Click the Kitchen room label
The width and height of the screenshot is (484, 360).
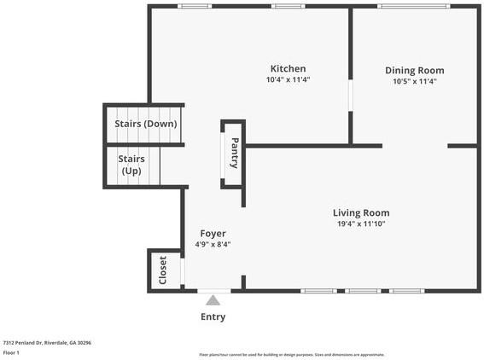[x=288, y=68]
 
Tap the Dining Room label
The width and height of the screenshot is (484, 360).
[x=414, y=70]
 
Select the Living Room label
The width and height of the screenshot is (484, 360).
[x=361, y=212]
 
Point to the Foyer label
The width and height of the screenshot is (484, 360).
[x=213, y=233]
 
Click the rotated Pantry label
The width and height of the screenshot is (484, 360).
[x=234, y=154]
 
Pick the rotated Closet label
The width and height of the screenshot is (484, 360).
[x=163, y=270]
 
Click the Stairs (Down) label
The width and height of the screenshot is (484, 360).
[x=145, y=124]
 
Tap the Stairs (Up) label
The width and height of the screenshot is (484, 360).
[x=131, y=165]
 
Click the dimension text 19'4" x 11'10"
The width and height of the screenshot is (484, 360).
[x=361, y=224]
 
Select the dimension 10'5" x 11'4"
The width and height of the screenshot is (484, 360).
[x=414, y=82]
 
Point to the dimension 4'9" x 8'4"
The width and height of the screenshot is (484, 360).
[x=213, y=244]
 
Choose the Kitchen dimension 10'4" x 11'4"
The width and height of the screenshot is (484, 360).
[x=288, y=80]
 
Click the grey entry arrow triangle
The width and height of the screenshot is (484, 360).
[x=213, y=299]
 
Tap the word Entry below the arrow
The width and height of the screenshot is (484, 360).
[x=213, y=317]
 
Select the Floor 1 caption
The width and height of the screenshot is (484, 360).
[x=12, y=352]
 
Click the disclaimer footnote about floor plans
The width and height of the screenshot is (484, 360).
[x=291, y=353]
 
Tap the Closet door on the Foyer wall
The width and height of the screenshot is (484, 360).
[x=182, y=270]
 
